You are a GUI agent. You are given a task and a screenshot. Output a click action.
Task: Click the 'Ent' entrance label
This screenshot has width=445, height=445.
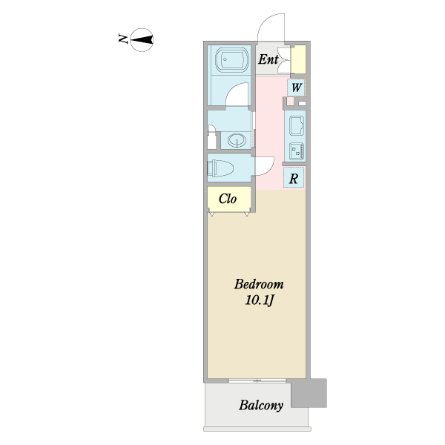point(268,60)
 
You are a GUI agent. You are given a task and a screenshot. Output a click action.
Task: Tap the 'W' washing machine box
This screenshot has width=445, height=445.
point(296,88)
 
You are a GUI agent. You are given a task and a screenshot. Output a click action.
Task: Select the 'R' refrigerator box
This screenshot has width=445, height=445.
point(294,178)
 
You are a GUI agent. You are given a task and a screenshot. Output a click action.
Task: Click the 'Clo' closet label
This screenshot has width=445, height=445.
point(228,199)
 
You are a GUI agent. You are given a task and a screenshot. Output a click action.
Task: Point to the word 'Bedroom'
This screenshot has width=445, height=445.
point(259,284)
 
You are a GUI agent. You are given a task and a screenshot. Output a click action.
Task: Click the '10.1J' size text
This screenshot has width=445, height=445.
point(260,300)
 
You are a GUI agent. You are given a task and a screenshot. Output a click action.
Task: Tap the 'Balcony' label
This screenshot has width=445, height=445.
point(261,406)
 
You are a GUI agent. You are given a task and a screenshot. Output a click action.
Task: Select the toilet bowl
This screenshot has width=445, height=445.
point(223,168)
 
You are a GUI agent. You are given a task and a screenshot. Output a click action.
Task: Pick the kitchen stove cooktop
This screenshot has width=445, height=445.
point(296,151)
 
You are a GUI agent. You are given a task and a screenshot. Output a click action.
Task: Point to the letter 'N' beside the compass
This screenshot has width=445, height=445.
point(122,39)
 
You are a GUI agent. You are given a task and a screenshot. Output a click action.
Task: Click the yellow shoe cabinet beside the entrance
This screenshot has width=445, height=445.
point(298,59)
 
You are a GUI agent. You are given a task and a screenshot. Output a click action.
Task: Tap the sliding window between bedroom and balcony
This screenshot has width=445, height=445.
point(256,380)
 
